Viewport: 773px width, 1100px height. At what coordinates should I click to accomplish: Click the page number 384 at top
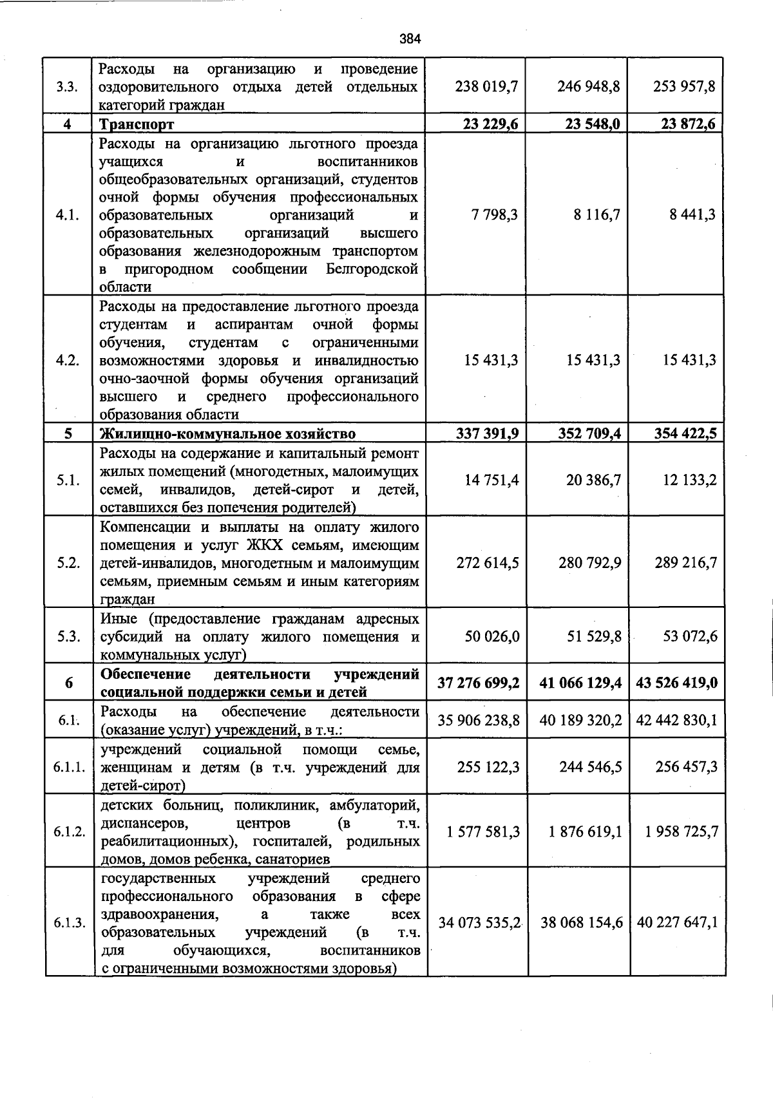[x=410, y=39]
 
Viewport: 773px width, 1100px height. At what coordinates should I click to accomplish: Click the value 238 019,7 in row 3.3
[x=487, y=86]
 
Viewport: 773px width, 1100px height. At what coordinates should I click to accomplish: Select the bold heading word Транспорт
[x=137, y=124]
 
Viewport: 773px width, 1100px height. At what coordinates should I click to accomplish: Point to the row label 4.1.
[x=68, y=215]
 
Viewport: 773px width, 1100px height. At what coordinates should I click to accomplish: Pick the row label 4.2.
[x=68, y=360]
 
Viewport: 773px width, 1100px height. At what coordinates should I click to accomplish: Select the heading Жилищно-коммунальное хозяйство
[x=227, y=433]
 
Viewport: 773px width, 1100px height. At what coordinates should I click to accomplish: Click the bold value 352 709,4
[x=589, y=433]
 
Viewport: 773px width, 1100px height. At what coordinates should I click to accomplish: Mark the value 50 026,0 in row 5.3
[x=491, y=636]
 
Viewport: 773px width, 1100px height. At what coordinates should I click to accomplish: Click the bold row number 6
[x=68, y=683]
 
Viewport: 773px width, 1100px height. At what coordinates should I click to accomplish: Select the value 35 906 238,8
[x=479, y=720]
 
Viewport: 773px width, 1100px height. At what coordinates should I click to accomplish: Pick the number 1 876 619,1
[x=585, y=831]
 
